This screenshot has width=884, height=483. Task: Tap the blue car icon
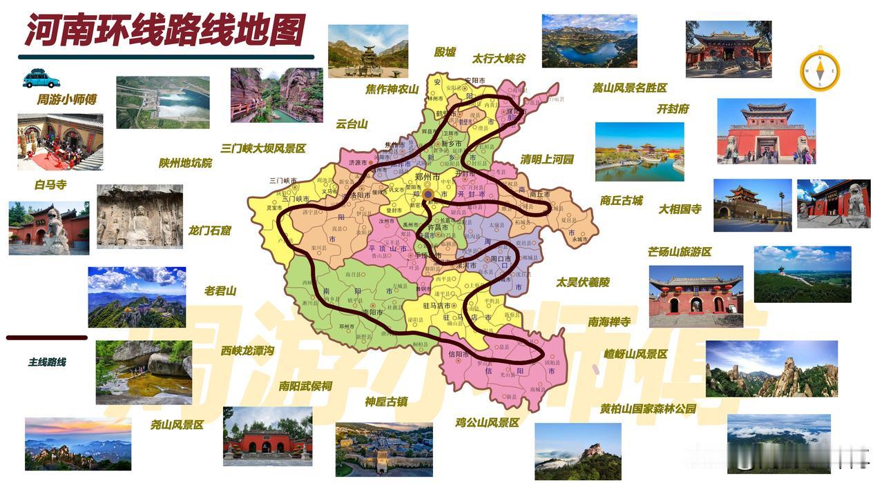click(x=41, y=79)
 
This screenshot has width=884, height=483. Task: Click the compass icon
click(x=820, y=71)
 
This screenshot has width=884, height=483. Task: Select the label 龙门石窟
click(x=209, y=230)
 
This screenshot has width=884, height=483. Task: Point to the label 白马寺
click(x=50, y=185)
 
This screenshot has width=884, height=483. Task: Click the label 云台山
click(x=352, y=124)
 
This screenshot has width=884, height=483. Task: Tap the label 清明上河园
click(x=547, y=159)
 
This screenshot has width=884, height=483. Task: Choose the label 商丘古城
click(x=621, y=201)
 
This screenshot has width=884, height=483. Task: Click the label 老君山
click(x=220, y=290)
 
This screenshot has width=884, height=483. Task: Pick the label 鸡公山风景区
click(x=487, y=422)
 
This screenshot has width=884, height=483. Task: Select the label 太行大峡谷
click(x=499, y=59)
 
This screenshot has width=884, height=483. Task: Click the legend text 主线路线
click(x=47, y=362)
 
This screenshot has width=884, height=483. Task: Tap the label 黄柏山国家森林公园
click(x=648, y=408)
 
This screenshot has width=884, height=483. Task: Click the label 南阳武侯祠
click(x=305, y=386)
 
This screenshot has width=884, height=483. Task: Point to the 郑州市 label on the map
click(x=428, y=177)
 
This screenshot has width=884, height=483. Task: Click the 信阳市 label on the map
click(x=458, y=354)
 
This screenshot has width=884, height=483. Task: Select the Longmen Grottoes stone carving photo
click(x=140, y=216)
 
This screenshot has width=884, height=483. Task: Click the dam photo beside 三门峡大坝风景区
click(x=162, y=102)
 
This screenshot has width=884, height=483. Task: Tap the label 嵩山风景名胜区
click(x=629, y=88)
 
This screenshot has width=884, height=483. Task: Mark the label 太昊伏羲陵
click(x=583, y=282)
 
